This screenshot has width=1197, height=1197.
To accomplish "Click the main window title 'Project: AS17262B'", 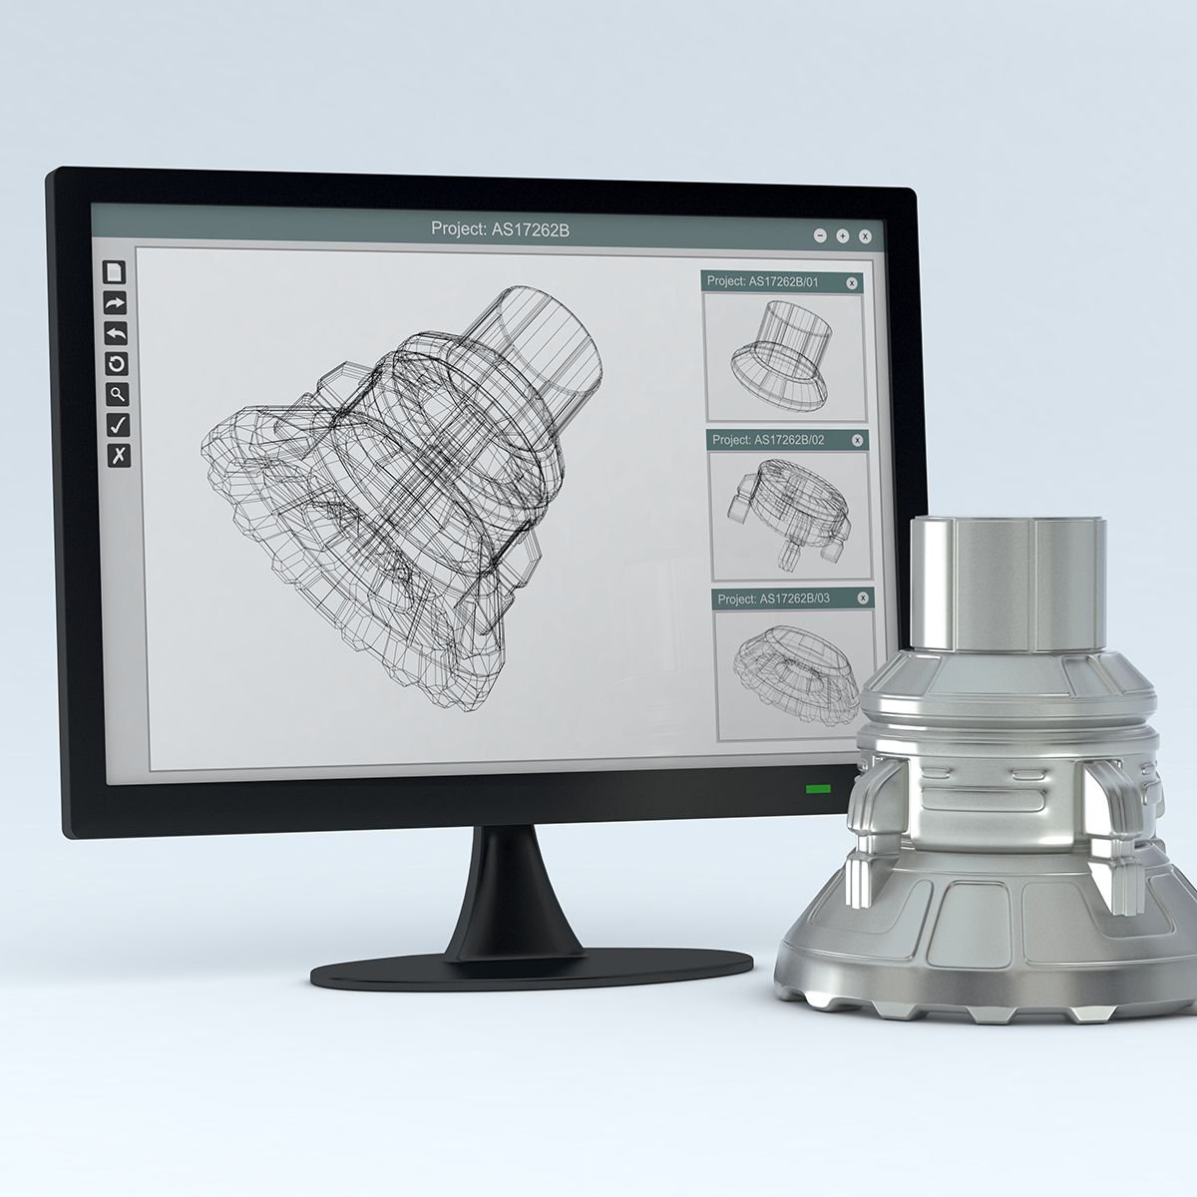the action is click(500, 229).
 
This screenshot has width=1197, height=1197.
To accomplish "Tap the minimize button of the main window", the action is click(820, 236).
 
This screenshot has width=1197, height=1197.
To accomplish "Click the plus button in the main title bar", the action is click(842, 236).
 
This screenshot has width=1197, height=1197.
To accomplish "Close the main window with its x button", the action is click(865, 236).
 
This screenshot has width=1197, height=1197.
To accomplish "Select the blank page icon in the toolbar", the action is click(116, 272).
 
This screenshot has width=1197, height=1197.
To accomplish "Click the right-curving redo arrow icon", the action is click(116, 303).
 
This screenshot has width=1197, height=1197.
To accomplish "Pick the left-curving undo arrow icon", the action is click(117, 333).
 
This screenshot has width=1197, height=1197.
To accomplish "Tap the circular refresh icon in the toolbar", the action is click(117, 364).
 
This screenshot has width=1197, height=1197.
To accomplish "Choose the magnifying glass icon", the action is click(118, 394).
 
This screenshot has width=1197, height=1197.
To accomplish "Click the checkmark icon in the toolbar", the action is click(118, 425).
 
